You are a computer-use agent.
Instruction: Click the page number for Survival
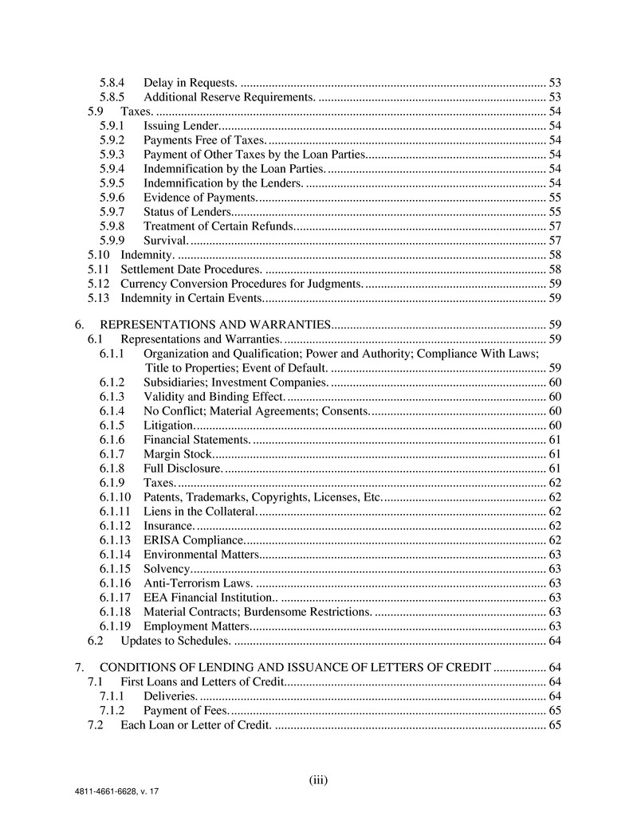(556, 240)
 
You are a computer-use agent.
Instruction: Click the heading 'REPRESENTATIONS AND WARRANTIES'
(215, 324)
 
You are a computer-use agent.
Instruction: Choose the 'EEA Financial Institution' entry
(210, 597)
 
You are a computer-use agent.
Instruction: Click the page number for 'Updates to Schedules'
(556, 640)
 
